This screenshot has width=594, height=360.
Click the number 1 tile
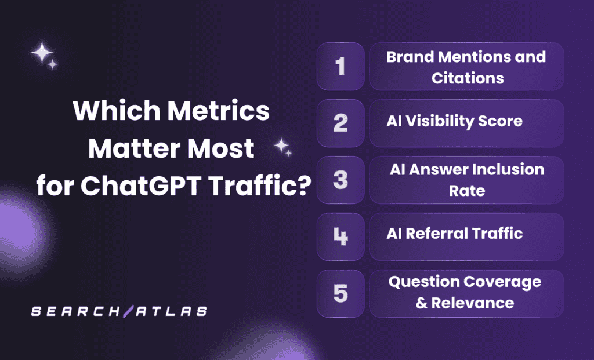341,66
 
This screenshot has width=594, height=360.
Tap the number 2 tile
341,123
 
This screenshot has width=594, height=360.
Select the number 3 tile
341,180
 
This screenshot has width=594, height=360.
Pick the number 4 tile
341,237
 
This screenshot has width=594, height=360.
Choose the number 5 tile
341,293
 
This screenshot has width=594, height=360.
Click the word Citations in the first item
468,78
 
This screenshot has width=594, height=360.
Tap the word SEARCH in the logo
73,311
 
